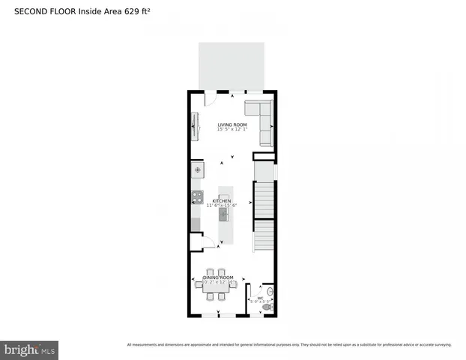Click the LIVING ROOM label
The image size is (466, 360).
(232, 124)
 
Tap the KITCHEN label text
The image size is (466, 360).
(222, 201)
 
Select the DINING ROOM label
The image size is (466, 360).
(217, 277)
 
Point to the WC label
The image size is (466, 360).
(260, 297)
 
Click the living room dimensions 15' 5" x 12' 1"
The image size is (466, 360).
(232, 130)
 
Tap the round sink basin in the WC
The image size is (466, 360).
(271, 291)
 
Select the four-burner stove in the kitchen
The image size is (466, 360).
(197, 198)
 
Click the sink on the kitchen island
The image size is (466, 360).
(223, 214)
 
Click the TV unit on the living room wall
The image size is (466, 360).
(195, 126)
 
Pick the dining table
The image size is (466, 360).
(214, 284)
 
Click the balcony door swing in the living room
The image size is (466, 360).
(210, 97)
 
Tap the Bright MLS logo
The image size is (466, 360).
(30, 349)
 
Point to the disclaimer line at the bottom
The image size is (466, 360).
(289, 344)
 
